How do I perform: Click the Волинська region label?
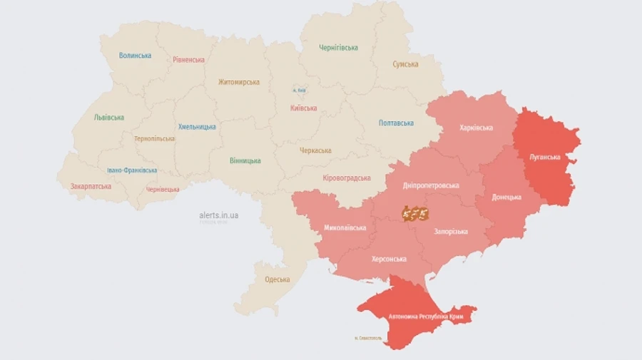coord(135,56)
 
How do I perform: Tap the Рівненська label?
coord(188,60)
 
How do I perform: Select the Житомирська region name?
coord(239,82)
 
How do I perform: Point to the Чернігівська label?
coord(338,48)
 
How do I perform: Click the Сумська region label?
coord(405,64)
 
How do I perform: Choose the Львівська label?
coord(109,118)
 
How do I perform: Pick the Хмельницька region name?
coord(197,126)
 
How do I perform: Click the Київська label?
coord(304,108)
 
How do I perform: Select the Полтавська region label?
coord(396,123)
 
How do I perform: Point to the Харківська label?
coord(476,128)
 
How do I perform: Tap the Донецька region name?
coord(506,197)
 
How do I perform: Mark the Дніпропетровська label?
coord(431,185)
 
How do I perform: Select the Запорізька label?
coord(451,232)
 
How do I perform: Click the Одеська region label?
coord(277,279)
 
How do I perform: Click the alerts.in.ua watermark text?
coord(219,215)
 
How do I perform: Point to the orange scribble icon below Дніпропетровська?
coord(415,212)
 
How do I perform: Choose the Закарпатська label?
coord(91,186)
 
